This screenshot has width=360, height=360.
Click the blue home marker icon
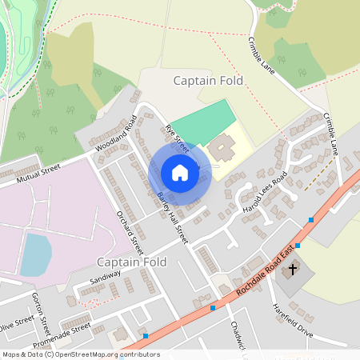pos(180,173)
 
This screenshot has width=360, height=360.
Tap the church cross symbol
pos(293,269)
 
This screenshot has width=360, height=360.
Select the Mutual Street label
pos(39,174)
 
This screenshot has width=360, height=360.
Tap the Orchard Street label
pos(129,232)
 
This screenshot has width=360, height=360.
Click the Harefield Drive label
pos(293,318)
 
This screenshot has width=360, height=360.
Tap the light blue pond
pos(35,254)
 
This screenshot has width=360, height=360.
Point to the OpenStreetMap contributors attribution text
pos(80,354)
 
